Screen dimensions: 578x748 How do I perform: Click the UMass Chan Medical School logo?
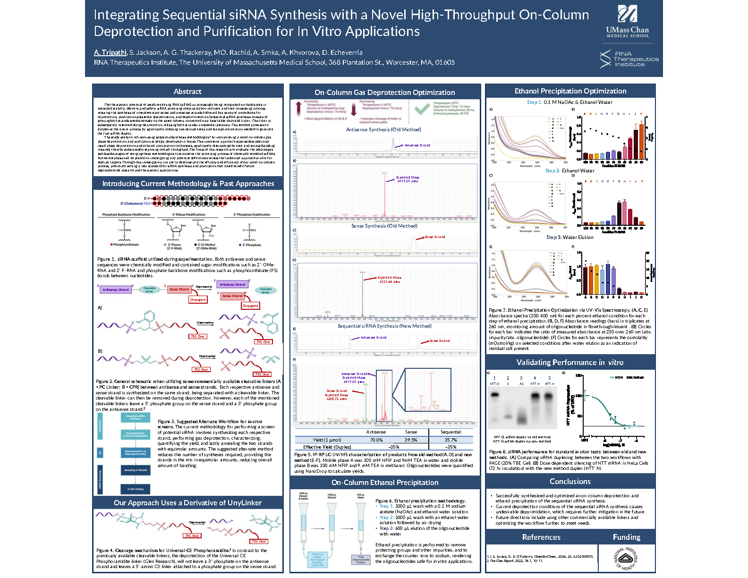[x=628, y=22]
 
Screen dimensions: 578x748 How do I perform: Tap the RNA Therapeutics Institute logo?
[x=629, y=59]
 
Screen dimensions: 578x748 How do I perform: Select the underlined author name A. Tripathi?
[x=110, y=52]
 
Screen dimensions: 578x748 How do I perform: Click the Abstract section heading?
[x=187, y=92]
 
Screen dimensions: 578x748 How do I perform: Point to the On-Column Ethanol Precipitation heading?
[x=385, y=483]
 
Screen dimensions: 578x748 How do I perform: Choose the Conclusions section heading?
[x=570, y=482]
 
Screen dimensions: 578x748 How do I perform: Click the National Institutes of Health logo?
[x=626, y=558]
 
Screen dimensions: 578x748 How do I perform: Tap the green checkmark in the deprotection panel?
[x=421, y=109]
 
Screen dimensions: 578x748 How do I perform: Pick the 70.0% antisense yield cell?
[x=376, y=440]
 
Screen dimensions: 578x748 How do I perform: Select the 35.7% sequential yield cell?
[x=450, y=440]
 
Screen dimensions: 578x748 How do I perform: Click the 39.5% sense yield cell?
[x=411, y=440]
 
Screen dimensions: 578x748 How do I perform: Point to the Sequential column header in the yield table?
[x=450, y=432]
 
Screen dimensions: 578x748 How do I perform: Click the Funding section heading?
[x=627, y=537]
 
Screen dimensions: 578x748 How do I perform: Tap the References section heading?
[x=541, y=537]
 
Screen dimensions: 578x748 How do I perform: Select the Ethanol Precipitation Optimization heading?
[x=570, y=91]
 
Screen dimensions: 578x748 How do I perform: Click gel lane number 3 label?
[x=521, y=378]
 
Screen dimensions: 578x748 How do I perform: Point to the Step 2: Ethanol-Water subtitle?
[x=570, y=171]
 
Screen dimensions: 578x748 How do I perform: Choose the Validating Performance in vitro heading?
[x=570, y=363]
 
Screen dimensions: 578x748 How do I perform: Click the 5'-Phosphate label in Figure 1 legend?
[x=252, y=245]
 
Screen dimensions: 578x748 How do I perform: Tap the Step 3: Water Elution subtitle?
[x=570, y=238]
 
